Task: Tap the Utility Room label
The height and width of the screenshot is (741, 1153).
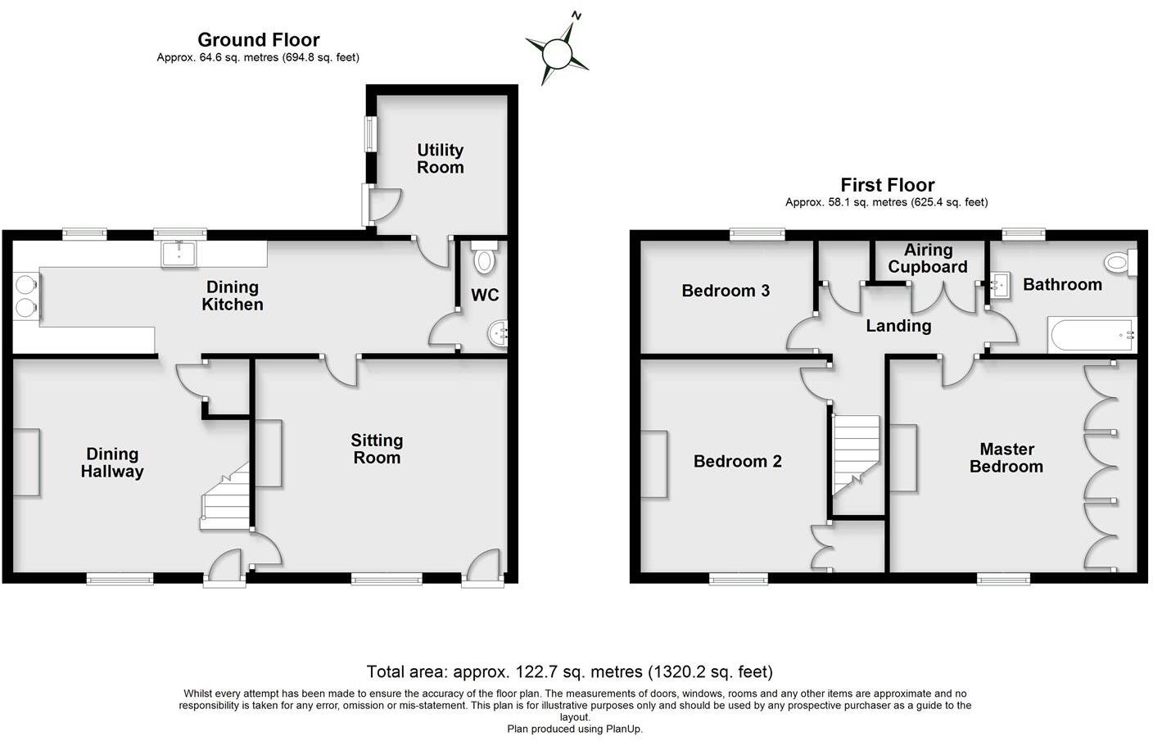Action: (440, 159)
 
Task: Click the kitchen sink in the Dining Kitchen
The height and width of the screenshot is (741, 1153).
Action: (179, 254)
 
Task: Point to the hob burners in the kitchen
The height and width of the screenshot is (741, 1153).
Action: (27, 296)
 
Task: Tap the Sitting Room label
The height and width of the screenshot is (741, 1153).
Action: (377, 449)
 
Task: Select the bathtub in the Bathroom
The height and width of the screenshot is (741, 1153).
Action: (1092, 336)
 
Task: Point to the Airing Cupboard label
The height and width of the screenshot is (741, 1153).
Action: (928, 259)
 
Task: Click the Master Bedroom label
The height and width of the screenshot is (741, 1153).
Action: (1006, 458)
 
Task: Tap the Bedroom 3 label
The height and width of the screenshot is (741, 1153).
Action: (726, 291)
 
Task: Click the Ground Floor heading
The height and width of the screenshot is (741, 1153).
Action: (258, 39)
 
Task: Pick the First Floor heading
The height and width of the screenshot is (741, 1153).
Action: (887, 185)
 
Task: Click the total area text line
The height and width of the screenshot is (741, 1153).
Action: (569, 672)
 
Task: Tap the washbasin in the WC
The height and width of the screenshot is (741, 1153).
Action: (499, 334)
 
